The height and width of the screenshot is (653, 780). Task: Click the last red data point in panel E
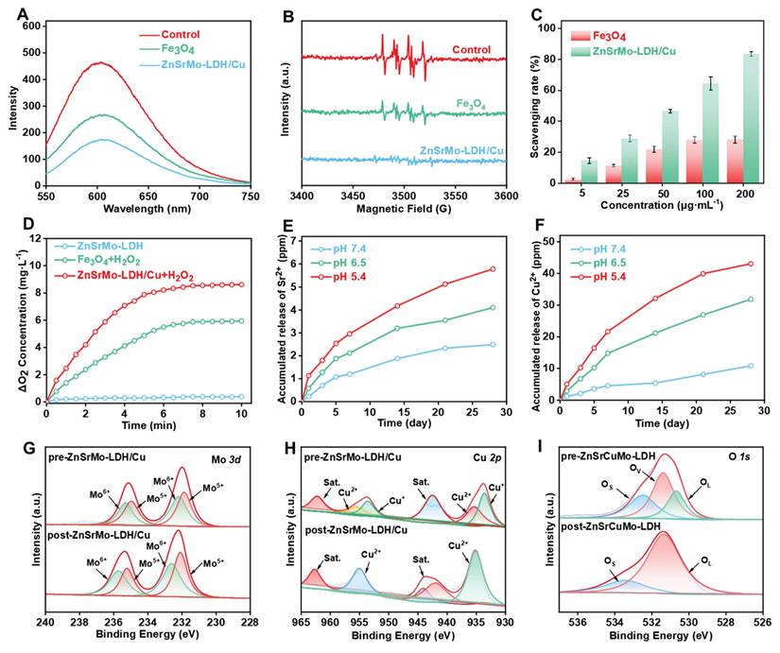point(491,269)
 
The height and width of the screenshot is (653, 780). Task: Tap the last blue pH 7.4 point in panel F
point(750,366)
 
